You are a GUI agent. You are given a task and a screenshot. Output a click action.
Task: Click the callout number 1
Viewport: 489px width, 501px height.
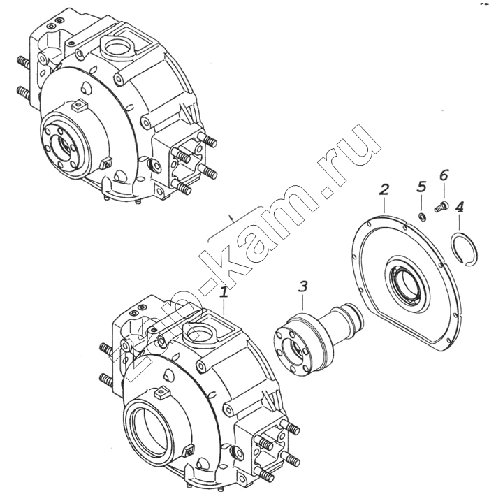tap(224, 292)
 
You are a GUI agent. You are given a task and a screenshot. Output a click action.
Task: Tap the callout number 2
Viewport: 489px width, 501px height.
tap(384, 190)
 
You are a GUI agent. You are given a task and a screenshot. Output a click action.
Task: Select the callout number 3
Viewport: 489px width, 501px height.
tap(302, 286)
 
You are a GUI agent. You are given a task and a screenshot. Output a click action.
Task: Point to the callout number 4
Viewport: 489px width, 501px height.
tap(459, 208)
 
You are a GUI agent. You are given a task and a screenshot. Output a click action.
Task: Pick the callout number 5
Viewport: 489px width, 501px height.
tap(422, 187)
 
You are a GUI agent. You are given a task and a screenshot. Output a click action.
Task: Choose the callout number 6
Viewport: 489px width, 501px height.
tap(444, 175)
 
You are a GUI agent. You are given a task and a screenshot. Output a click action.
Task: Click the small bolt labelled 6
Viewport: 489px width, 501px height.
tap(441, 206)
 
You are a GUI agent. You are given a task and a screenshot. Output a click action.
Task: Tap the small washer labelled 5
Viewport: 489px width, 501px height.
tap(422, 217)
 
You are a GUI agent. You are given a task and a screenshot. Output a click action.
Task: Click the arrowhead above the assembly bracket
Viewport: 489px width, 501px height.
tap(233, 219)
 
